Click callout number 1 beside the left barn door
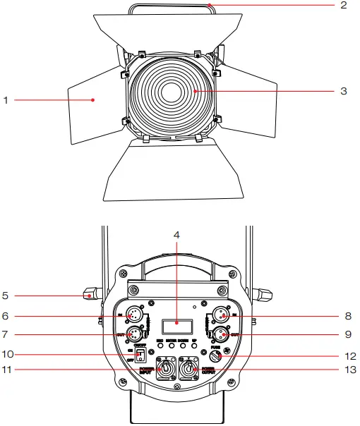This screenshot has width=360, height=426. point(6,101)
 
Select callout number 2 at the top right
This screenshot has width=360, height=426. point(344,6)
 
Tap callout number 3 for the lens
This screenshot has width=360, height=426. point(344,91)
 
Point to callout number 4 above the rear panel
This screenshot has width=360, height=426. point(176,234)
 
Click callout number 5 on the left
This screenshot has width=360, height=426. point(6,296)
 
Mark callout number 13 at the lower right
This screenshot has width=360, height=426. point(347,369)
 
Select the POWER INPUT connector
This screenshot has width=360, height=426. point(167,369)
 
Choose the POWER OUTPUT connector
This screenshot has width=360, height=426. point(190,369)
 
